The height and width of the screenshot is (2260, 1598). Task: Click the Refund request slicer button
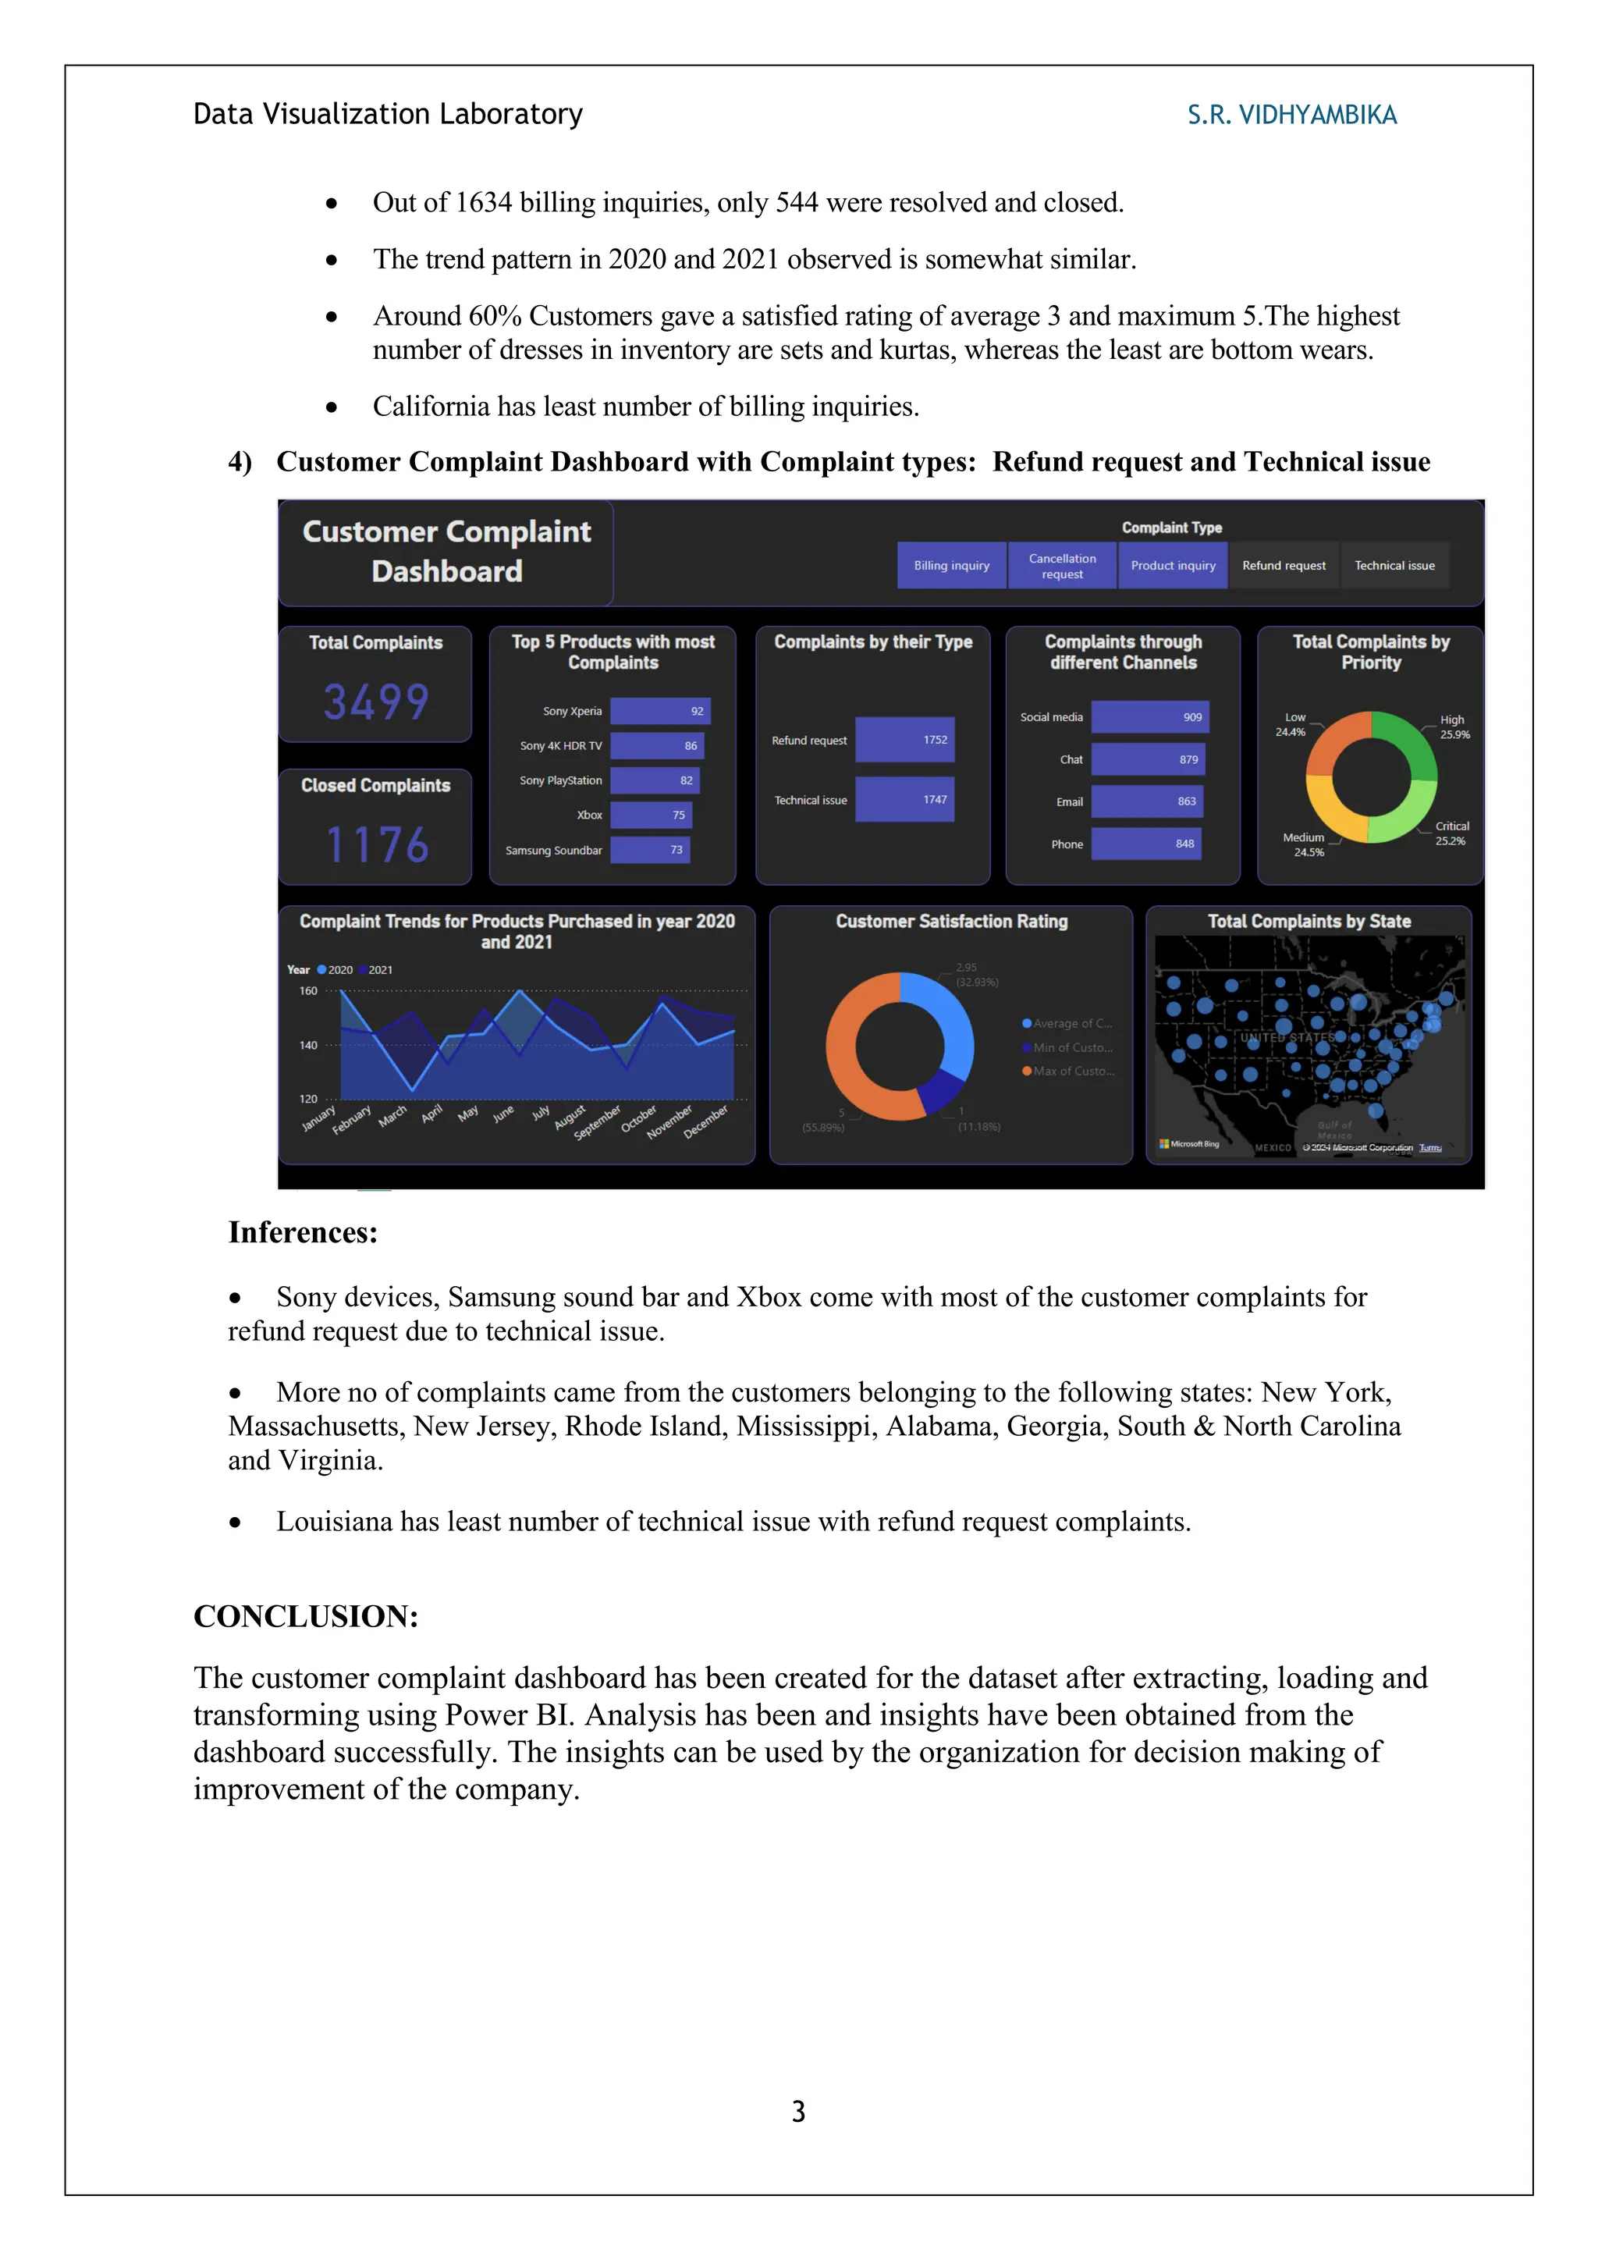click(x=1283, y=565)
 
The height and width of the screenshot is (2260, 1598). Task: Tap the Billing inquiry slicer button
click(x=950, y=565)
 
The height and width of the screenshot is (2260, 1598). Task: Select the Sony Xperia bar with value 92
click(x=659, y=711)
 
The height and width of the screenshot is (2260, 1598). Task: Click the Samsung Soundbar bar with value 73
click(x=649, y=850)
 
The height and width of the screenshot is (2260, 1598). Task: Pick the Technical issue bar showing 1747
click(x=904, y=799)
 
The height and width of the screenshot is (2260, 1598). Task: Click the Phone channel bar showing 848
click(x=1145, y=844)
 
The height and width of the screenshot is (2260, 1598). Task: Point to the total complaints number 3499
click(x=376, y=702)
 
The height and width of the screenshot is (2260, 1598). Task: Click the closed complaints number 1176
click(x=377, y=844)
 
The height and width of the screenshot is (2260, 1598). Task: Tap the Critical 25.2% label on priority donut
click(x=1451, y=833)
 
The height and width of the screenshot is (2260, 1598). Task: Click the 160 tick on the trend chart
click(x=308, y=990)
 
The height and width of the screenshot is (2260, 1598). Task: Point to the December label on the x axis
click(x=705, y=1121)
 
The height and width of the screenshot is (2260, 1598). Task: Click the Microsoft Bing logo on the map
click(x=1190, y=1144)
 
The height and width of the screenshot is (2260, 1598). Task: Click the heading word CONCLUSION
click(x=306, y=1616)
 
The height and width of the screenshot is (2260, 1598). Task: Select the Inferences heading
click(x=303, y=1232)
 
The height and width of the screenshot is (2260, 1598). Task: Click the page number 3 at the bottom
click(x=798, y=2112)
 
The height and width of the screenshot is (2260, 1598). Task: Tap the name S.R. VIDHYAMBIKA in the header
click(x=1291, y=115)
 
